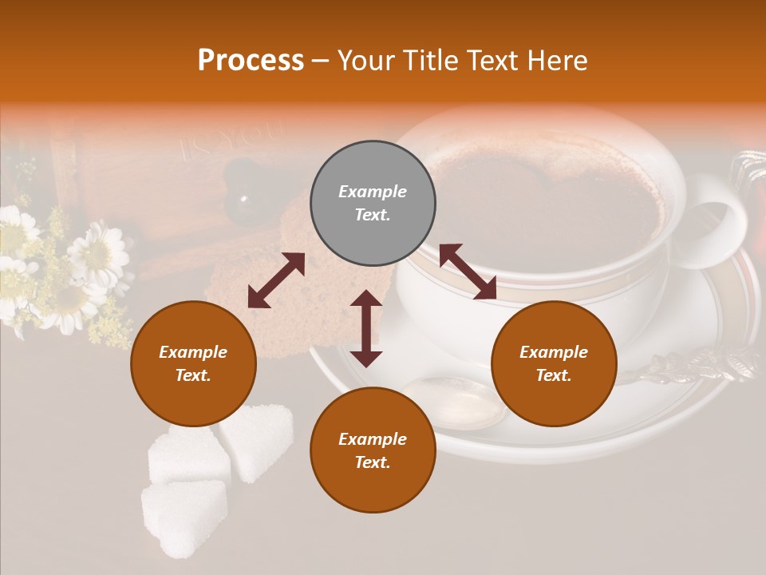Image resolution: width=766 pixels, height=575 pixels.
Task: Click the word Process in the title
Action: pyautogui.click(x=251, y=61)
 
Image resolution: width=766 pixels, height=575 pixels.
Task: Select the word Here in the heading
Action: pyautogui.click(x=557, y=61)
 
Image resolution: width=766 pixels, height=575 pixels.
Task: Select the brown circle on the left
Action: pyautogui.click(x=193, y=363)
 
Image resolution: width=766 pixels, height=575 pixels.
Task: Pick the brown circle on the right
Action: pyautogui.click(x=554, y=363)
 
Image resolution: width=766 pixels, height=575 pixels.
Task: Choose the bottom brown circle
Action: pyautogui.click(x=373, y=450)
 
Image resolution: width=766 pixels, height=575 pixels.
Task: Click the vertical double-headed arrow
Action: pyautogui.click(x=366, y=328)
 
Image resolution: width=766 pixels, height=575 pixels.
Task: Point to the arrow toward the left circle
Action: pyautogui.click(x=276, y=280)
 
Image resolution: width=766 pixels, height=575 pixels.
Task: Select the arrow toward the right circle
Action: pyautogui.click(x=468, y=272)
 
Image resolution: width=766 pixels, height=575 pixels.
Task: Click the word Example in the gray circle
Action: pyautogui.click(x=373, y=192)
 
